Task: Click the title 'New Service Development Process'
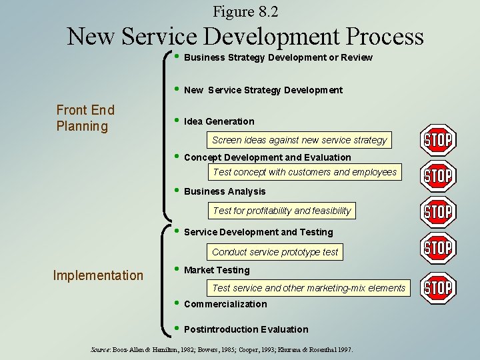point(245,36)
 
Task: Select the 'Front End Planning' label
point(85,118)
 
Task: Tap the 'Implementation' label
point(98,275)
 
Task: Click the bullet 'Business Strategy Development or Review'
point(277,57)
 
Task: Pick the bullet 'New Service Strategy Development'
point(263,90)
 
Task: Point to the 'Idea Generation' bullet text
point(219,121)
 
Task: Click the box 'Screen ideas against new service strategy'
point(299,140)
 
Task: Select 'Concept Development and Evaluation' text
point(267,157)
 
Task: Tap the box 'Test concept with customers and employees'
point(305,172)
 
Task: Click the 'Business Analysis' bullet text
point(224,191)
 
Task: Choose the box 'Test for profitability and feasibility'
point(281,211)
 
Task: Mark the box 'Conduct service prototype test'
point(275,252)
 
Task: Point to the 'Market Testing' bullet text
point(217,270)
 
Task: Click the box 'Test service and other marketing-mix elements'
point(308,288)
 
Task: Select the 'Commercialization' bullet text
point(225,304)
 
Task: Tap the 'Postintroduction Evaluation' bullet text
point(245,329)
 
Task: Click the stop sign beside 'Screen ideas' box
point(438,140)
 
